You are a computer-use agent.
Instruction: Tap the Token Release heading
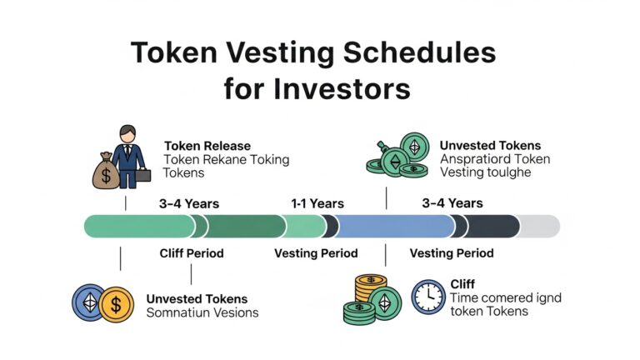click(x=207, y=146)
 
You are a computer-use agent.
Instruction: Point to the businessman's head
click(x=127, y=134)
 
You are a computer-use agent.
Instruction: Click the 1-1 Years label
click(x=317, y=203)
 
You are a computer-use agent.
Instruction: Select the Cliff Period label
click(x=192, y=253)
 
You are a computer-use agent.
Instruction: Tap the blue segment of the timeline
click(x=392, y=226)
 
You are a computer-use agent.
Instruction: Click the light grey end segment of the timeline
click(x=540, y=226)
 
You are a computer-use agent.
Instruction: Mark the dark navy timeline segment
click(x=491, y=226)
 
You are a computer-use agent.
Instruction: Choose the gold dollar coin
click(x=116, y=303)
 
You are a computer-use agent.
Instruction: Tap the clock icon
click(x=427, y=297)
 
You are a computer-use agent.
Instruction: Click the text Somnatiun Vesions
click(x=202, y=312)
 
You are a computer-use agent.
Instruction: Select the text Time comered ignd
click(x=505, y=298)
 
